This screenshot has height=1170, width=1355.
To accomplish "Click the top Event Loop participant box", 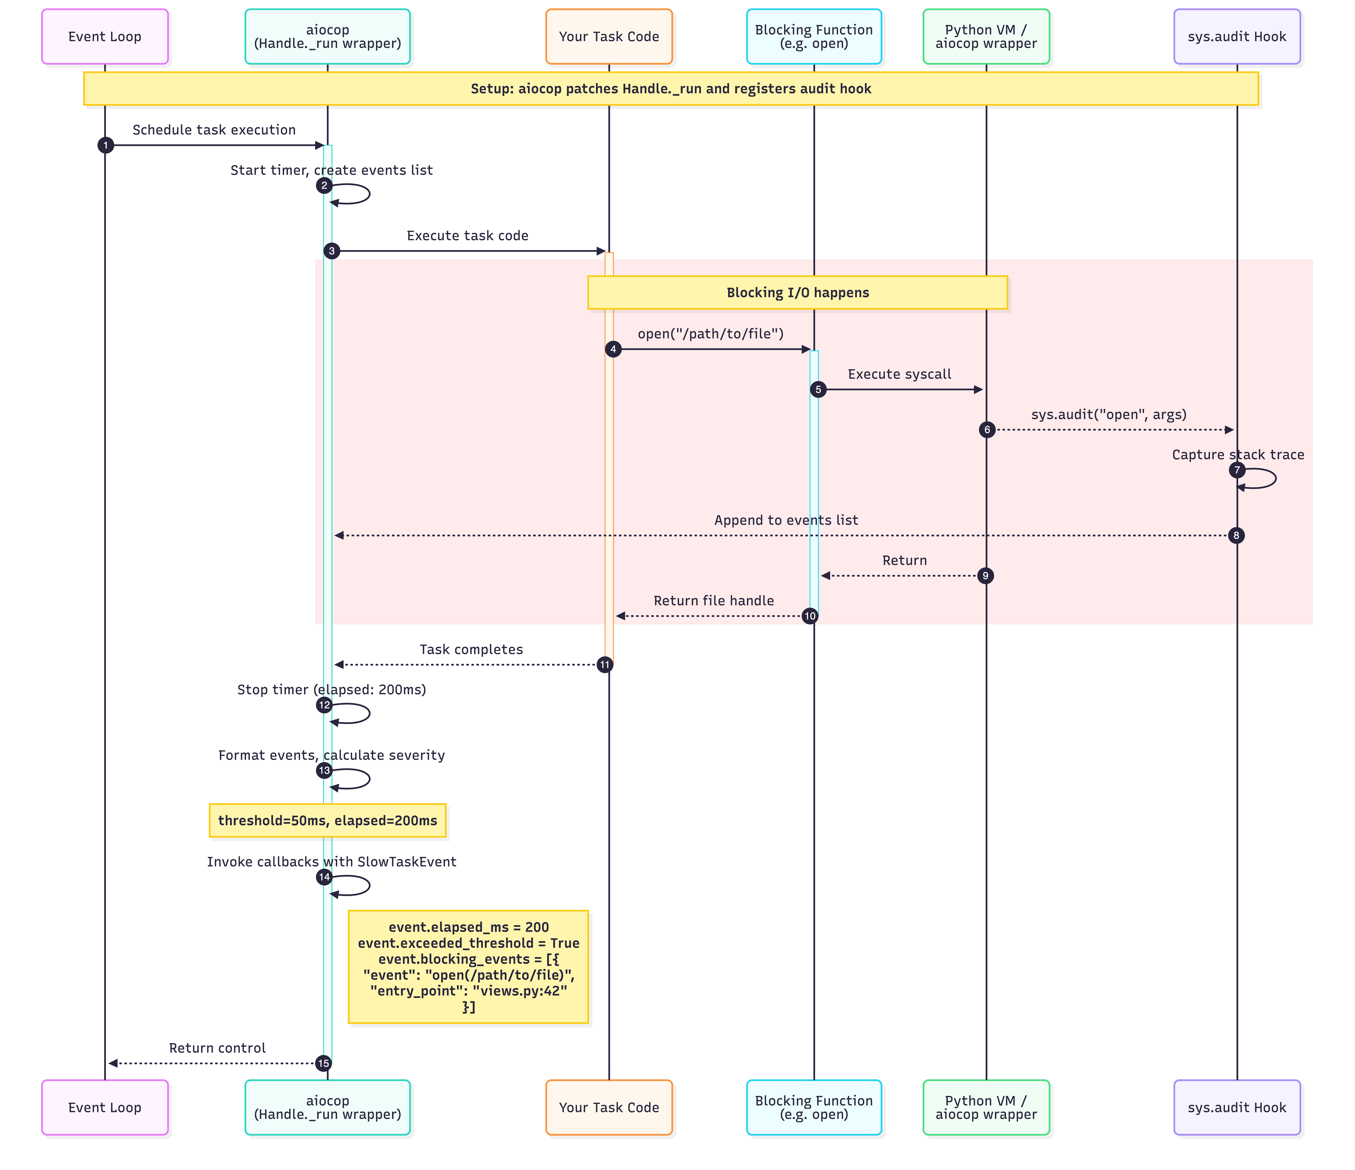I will (105, 37).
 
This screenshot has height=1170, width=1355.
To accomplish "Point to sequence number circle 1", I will (105, 145).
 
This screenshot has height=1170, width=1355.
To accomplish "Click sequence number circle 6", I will (987, 430).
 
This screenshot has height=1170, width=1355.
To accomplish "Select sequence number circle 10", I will (810, 616).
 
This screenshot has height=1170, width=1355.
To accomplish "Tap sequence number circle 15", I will (323, 1063).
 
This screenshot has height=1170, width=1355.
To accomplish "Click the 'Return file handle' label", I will (713, 600).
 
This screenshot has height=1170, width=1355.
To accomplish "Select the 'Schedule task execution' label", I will (214, 129).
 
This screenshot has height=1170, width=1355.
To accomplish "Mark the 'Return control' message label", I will (217, 1048).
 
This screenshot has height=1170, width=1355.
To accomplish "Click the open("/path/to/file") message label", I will (710, 334).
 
